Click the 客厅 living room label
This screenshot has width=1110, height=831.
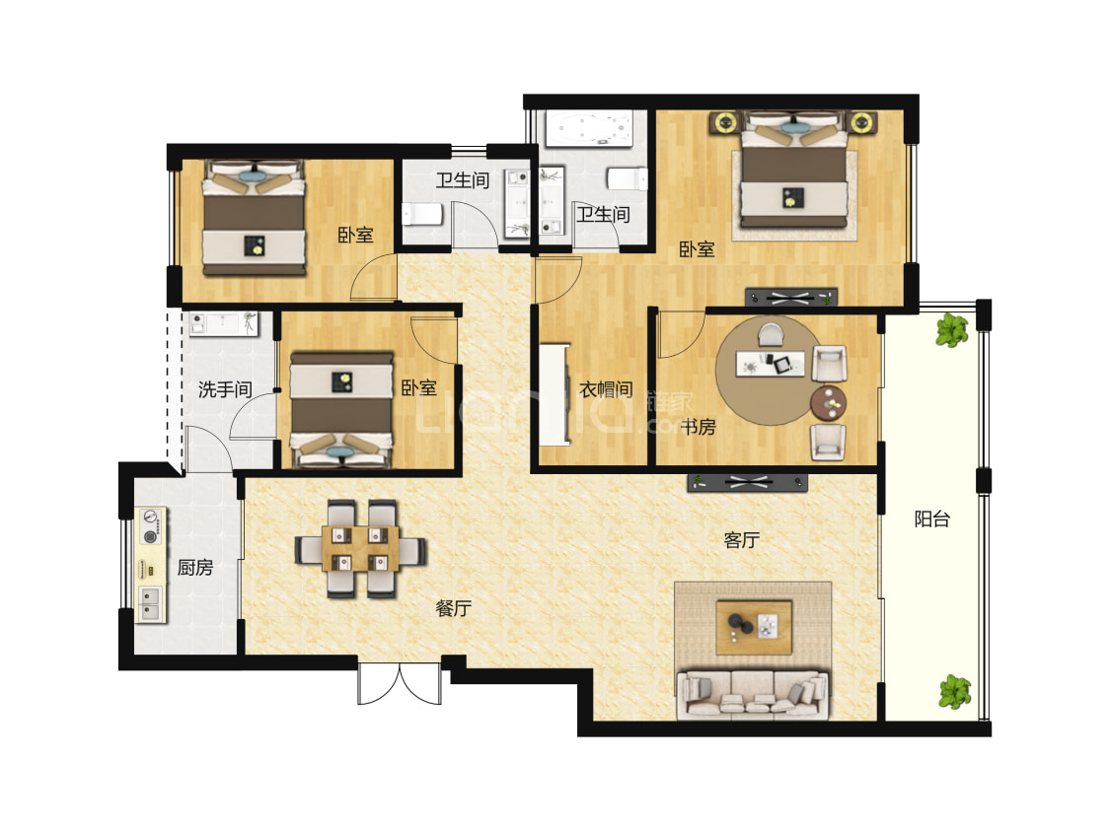(741, 539)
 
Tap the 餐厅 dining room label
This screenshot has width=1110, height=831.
(453, 607)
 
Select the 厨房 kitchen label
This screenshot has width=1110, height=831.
(194, 567)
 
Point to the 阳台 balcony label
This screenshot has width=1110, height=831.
(931, 519)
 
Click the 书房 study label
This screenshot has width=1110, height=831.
(698, 427)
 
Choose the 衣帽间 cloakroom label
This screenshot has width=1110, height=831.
(606, 389)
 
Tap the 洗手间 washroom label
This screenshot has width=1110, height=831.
(225, 389)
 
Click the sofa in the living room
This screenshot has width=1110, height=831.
(752, 695)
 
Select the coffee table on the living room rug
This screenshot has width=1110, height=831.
(754, 627)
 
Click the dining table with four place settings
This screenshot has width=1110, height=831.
(360, 548)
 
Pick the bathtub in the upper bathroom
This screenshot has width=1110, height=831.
(588, 129)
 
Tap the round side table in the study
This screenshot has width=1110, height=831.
(828, 403)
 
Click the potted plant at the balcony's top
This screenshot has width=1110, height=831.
(951, 330)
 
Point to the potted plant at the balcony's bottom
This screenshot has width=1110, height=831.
(955, 692)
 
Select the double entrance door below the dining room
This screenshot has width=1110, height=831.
(400, 683)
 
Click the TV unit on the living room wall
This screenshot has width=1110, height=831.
(747, 483)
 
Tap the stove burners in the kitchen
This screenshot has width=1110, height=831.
(151, 527)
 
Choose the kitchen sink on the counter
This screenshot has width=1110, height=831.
(151, 604)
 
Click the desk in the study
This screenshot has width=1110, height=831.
(771, 364)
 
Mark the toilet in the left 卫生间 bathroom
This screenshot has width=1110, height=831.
(422, 213)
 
